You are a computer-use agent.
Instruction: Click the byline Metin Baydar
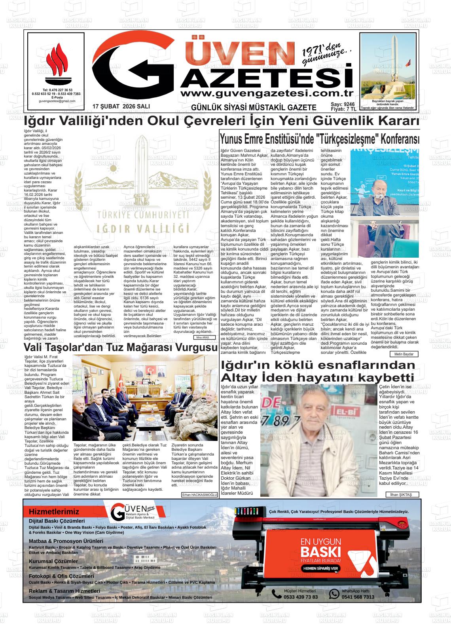click(404, 354)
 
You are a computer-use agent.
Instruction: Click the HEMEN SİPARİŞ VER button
click(320, 568)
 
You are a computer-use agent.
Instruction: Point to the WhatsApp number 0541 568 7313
click(358, 597)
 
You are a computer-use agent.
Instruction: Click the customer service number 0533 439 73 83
click(300, 597)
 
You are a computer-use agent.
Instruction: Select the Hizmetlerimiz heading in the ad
click(54, 512)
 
